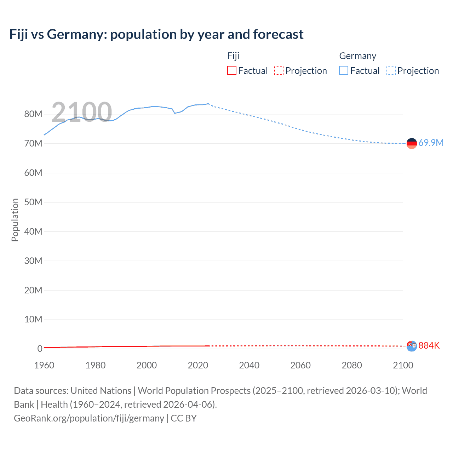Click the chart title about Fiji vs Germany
(x=156, y=34)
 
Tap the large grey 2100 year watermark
(x=82, y=112)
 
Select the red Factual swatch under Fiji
(x=231, y=71)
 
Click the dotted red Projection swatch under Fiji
(x=279, y=71)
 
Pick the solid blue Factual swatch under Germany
(x=344, y=71)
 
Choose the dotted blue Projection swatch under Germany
(x=391, y=71)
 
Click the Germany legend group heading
(x=357, y=56)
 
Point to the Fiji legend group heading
(x=233, y=56)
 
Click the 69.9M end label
(x=431, y=143)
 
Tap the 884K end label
(x=429, y=345)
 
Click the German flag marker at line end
(x=412, y=143)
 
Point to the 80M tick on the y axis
(x=33, y=114)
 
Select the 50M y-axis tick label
(x=33, y=202)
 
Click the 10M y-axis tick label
(x=33, y=319)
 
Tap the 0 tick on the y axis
(x=40, y=349)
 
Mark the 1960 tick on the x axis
(x=44, y=365)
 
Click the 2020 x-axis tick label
(x=198, y=365)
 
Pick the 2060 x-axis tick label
(x=300, y=365)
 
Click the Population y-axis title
(x=15, y=220)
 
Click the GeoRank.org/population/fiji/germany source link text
(x=89, y=418)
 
